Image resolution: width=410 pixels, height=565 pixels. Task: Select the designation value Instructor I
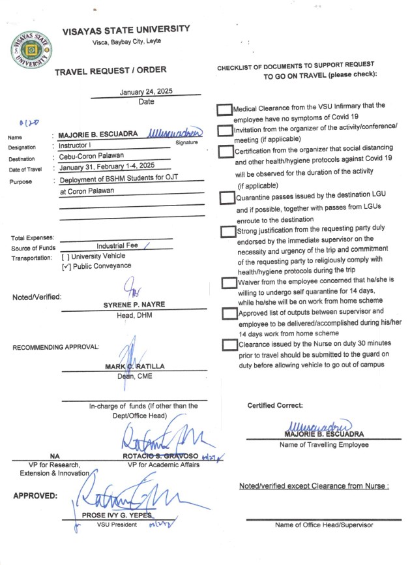pyautogui.click(x=77, y=146)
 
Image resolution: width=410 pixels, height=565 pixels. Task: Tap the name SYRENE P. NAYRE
pyautogui.click(x=134, y=305)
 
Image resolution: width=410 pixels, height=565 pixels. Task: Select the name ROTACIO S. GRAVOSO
pyautogui.click(x=160, y=455)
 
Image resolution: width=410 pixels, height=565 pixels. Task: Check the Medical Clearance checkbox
pyautogui.click(x=224, y=110)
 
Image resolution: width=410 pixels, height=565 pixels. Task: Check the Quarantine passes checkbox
pyautogui.click(x=227, y=197)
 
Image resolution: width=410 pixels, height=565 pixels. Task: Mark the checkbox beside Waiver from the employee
pyautogui.click(x=227, y=282)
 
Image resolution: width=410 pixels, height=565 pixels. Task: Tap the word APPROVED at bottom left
pyautogui.click(x=35, y=495)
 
